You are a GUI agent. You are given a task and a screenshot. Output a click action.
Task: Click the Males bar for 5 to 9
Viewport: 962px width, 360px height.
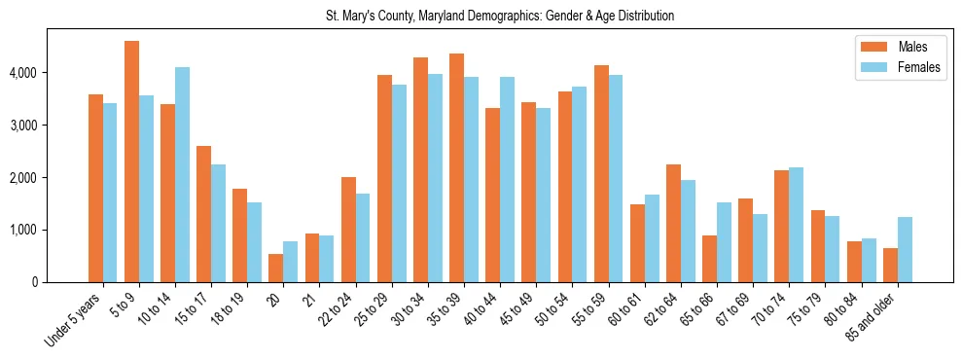click(131, 162)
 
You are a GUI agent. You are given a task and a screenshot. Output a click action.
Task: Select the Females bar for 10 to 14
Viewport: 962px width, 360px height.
click(182, 175)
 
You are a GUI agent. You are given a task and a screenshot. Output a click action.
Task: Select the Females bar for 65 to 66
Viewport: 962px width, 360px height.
click(724, 242)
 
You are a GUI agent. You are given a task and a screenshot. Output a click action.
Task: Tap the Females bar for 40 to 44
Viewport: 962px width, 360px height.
click(507, 179)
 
